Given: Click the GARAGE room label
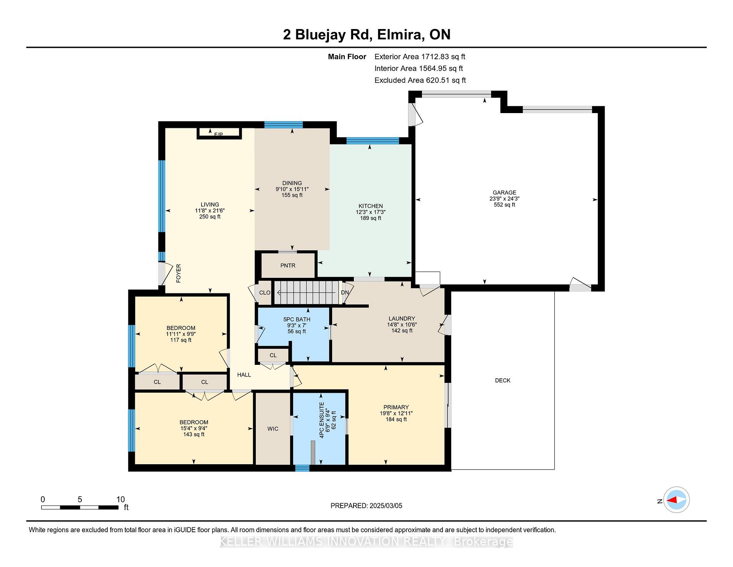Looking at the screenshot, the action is tap(504, 193).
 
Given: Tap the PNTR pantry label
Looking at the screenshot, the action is tap(288, 266).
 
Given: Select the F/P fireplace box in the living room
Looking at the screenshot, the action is tap(219, 133).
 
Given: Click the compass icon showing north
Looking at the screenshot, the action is tap(676, 500).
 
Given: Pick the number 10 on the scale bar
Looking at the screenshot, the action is tap(121, 499).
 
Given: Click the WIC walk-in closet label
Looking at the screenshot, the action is tap(273, 429).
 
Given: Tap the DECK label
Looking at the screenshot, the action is tap(503, 380).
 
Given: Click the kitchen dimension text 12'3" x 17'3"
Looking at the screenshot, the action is tap(371, 212).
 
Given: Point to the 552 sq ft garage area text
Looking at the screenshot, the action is tap(504, 205).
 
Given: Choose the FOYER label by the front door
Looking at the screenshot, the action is tap(178, 273).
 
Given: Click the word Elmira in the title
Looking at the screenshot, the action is tap(400, 34).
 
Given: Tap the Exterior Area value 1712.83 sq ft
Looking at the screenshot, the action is tap(443, 57).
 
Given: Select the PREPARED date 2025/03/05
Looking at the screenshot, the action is tap(386, 505).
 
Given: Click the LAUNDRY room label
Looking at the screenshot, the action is tap(402, 318).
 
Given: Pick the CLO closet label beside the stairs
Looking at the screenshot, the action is tap(265, 293).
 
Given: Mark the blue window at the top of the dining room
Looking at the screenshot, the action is tap(284, 125).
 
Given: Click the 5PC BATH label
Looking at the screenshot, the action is tap(297, 319).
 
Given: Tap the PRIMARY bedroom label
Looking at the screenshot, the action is tap(396, 407).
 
